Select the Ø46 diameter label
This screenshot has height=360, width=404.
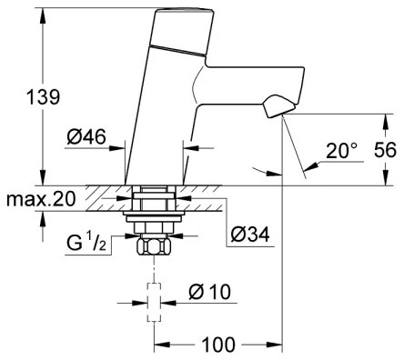pyautogui.click(x=86, y=137)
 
